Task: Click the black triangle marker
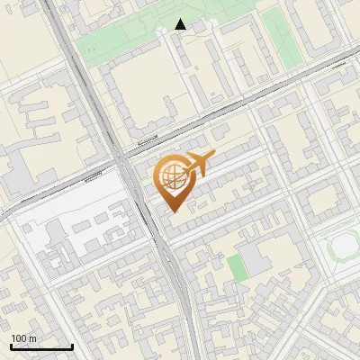click(181, 24)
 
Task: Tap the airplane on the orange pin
click(197, 165)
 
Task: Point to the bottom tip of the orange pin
click(172, 211)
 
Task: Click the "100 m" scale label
click(24, 338)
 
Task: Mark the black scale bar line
click(41, 346)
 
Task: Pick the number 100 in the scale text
click(19, 338)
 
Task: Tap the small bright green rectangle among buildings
click(235, 266)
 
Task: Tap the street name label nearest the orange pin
click(144, 141)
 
